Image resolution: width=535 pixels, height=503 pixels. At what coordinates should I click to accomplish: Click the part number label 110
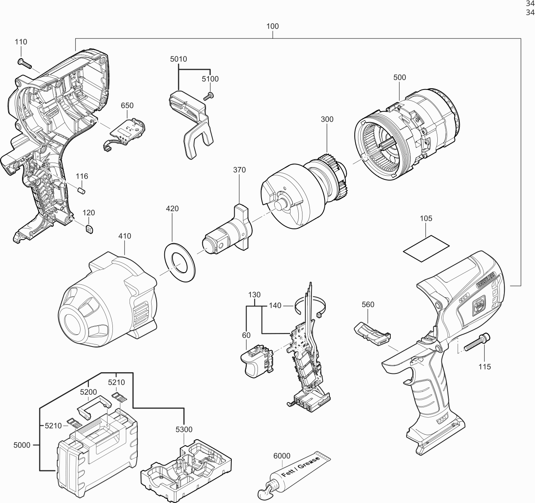(x=21, y=42)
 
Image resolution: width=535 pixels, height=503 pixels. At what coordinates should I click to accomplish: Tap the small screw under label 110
(x=25, y=63)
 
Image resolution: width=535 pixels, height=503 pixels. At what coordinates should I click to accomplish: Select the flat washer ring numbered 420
(x=180, y=262)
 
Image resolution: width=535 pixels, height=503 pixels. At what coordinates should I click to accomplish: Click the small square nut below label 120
(x=89, y=228)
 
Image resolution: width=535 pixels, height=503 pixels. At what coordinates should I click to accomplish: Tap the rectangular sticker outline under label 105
(x=426, y=246)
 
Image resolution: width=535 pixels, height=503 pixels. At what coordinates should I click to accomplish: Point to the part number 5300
(x=184, y=429)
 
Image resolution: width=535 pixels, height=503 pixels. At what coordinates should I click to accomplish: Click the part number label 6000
(x=282, y=456)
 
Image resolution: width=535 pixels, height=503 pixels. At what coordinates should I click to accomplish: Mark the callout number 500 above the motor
(x=399, y=77)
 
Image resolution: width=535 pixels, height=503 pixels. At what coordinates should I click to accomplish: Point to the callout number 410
(x=125, y=236)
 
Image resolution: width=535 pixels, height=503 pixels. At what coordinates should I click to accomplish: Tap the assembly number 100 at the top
(x=272, y=26)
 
